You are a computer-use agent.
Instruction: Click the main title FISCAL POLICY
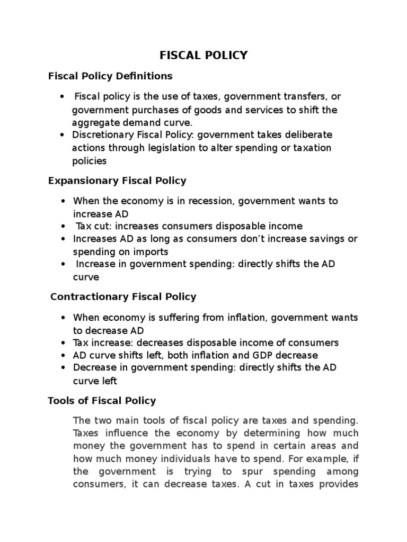coord(203,56)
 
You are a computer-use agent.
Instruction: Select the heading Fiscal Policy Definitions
coord(110,76)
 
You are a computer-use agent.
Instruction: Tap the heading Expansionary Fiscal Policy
coord(117,180)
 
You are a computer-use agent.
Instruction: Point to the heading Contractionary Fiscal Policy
coord(123,297)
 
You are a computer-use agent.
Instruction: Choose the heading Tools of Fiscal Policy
coord(102,401)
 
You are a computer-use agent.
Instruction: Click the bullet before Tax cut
coord(63,227)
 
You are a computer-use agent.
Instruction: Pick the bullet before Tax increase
coord(63,343)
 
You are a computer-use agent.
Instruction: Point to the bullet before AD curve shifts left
coord(63,356)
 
